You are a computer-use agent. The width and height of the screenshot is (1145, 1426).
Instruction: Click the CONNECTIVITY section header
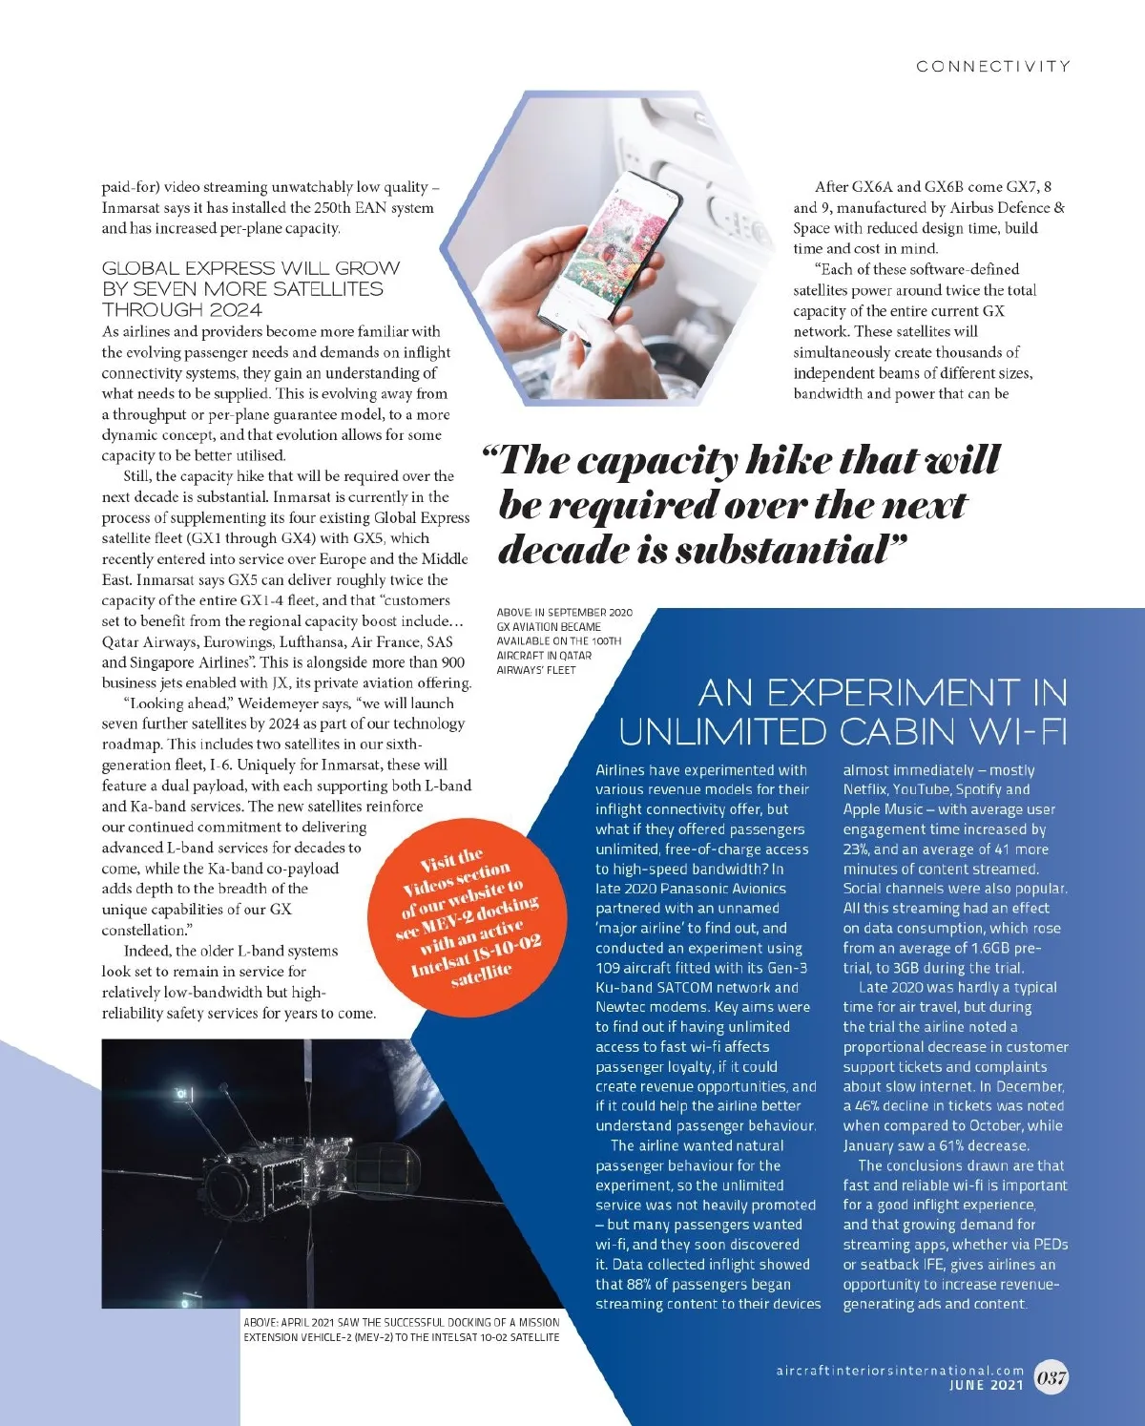tap(992, 66)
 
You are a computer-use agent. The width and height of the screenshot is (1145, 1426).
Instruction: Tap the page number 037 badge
tap(1051, 1377)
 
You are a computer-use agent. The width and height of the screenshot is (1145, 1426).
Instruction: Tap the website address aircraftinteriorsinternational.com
tap(899, 1371)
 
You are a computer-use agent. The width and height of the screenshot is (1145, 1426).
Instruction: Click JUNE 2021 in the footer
tap(987, 1386)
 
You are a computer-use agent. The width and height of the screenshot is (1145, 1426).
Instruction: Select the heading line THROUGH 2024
tap(181, 310)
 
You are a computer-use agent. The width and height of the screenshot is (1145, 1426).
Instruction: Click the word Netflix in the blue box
tap(864, 789)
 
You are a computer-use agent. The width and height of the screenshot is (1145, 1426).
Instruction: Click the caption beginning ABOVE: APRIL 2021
tap(401, 1329)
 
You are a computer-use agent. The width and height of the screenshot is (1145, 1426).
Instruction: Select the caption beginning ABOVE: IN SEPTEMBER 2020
tap(564, 640)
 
